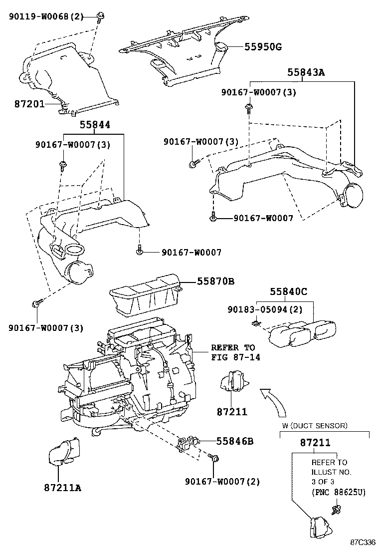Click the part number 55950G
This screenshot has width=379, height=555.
(263, 47)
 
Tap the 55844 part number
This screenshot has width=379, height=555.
(94, 125)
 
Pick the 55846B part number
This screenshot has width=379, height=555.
(235, 441)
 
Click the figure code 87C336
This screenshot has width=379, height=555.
(363, 542)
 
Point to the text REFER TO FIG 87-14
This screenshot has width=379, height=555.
(232, 352)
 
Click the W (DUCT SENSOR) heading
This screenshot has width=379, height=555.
(315, 426)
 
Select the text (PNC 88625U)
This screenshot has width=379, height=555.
(339, 493)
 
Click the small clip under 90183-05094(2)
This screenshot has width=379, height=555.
(255, 323)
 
